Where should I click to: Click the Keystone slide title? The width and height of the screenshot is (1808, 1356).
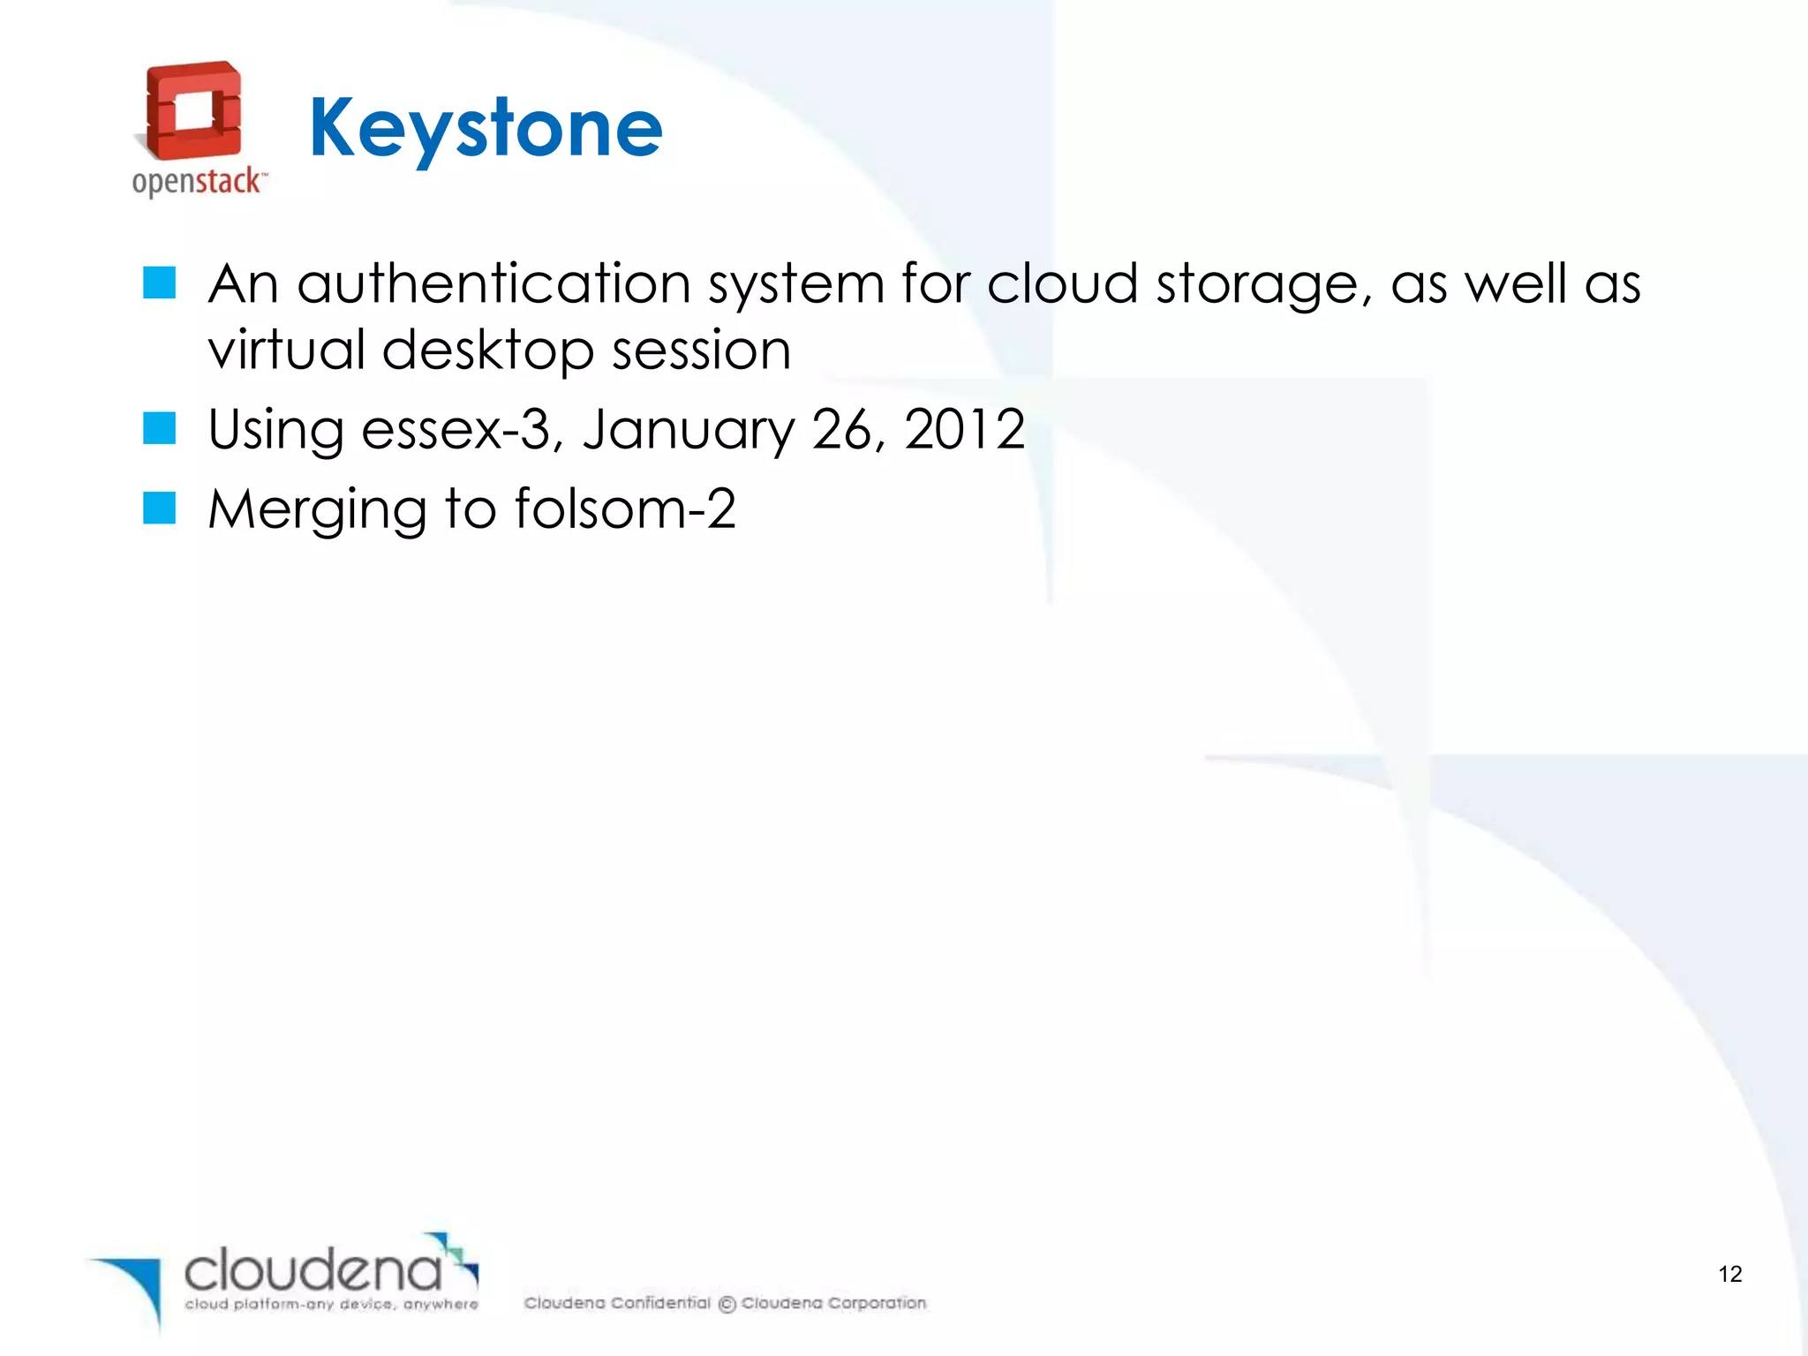(x=486, y=129)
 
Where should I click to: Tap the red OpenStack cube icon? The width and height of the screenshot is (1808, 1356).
(x=193, y=110)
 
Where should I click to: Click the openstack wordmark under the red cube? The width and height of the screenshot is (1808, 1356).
(x=197, y=182)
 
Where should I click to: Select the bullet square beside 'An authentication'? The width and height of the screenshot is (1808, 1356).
(x=160, y=283)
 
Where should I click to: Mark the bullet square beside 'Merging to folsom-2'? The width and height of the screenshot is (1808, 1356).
(x=160, y=508)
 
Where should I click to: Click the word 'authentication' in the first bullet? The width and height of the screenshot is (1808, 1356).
(x=494, y=284)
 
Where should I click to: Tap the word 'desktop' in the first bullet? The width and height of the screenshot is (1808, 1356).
(x=487, y=350)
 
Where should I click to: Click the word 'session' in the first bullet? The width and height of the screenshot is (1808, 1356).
(x=702, y=350)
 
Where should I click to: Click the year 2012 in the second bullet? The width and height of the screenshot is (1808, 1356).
(x=964, y=430)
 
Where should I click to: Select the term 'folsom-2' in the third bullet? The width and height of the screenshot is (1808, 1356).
(x=625, y=509)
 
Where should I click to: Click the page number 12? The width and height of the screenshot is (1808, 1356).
(x=1729, y=1274)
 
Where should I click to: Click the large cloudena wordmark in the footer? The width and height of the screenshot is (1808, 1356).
(x=313, y=1270)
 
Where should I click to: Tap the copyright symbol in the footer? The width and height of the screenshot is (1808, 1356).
(x=727, y=1304)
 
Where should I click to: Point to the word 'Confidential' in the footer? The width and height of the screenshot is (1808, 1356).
(x=660, y=1303)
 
